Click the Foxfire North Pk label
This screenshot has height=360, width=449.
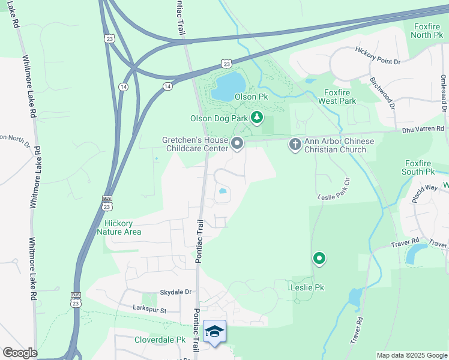(427, 31)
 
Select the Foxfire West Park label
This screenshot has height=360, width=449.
(341, 97)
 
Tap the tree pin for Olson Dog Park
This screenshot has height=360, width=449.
(257, 118)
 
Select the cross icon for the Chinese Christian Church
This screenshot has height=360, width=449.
(295, 144)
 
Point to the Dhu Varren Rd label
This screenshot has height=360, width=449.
(423, 128)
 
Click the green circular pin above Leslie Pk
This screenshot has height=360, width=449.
(319, 259)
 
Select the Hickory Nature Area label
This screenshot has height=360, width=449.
(122, 227)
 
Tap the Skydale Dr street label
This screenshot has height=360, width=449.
(175, 292)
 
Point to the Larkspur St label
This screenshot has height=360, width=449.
(149, 308)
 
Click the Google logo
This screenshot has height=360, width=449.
(19, 353)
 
